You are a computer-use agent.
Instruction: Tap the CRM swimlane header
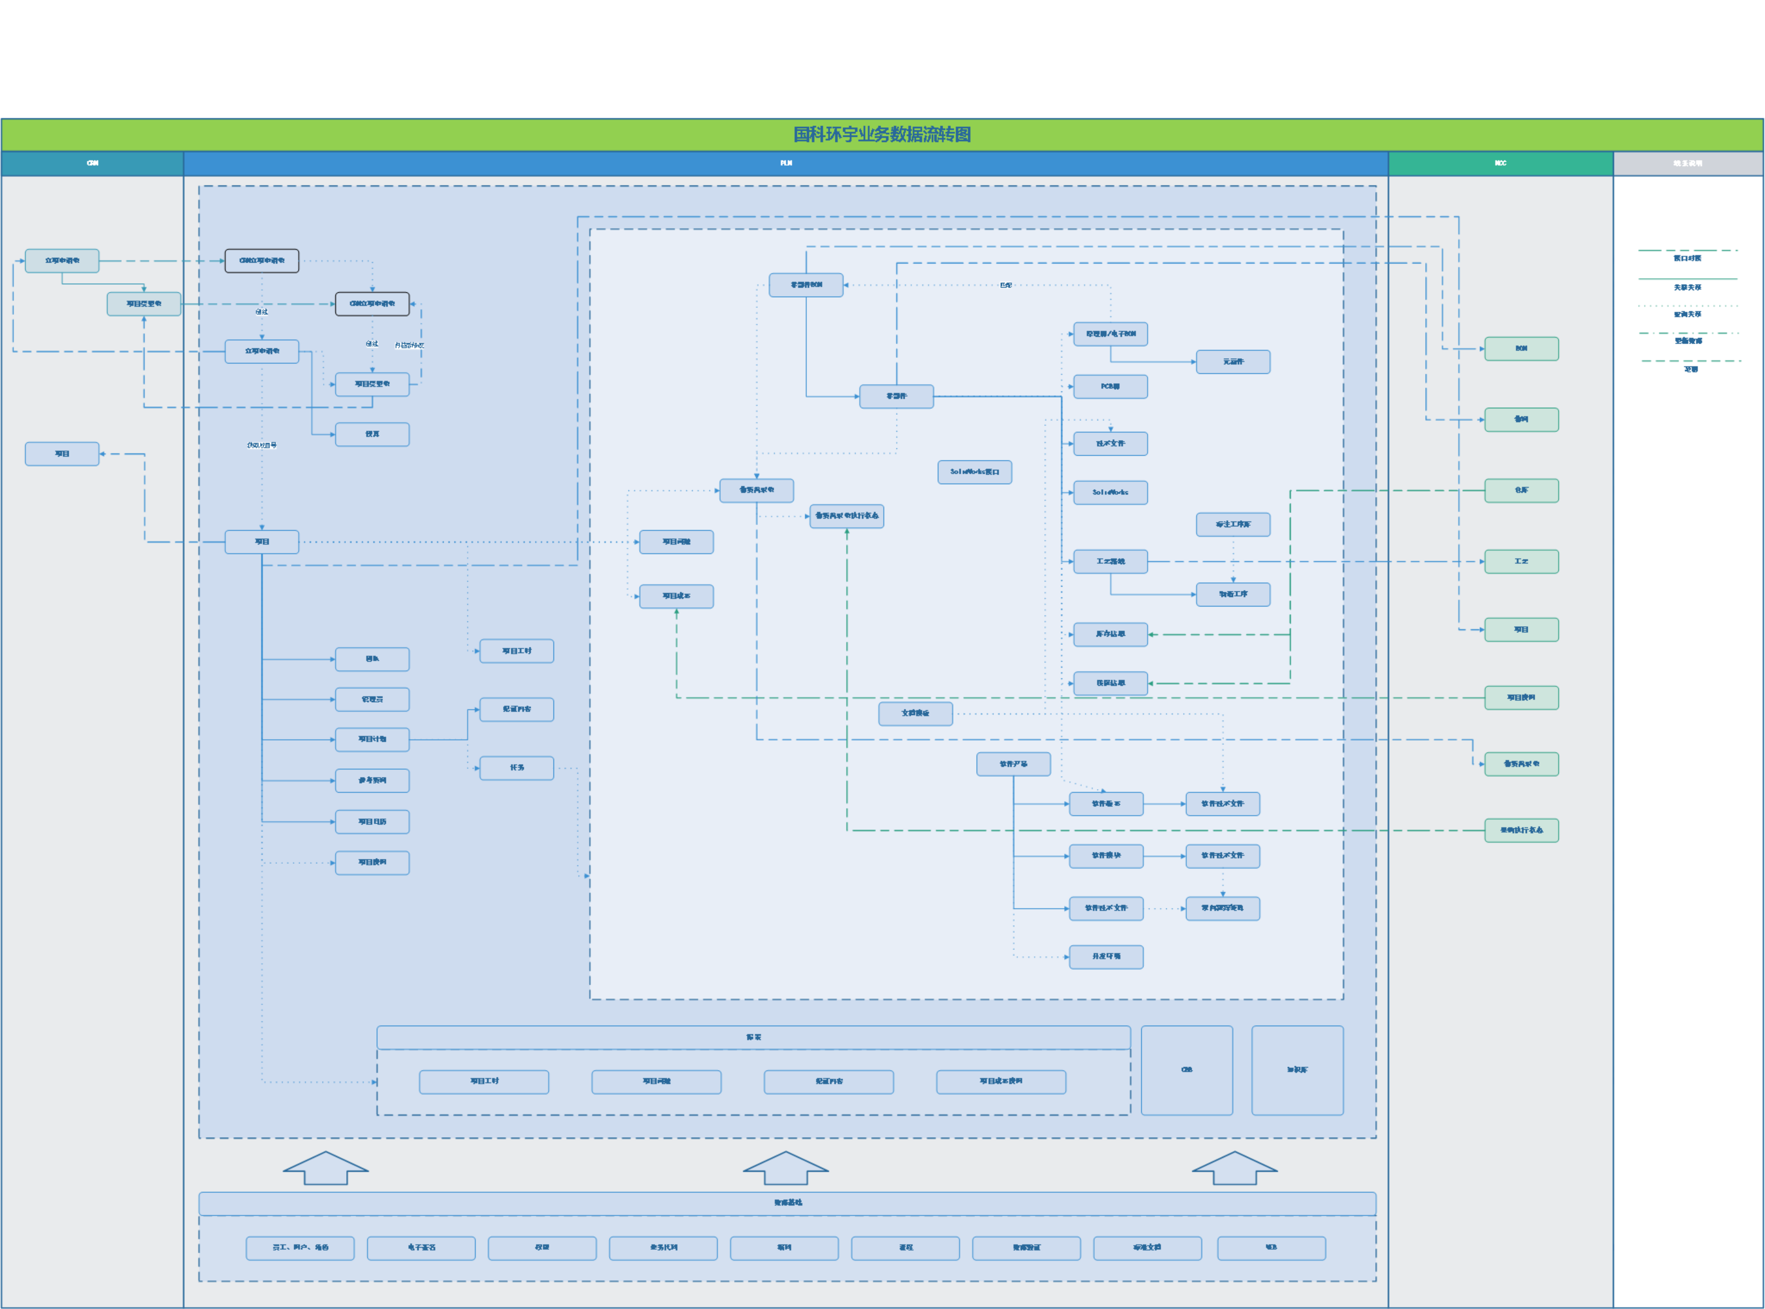point(92,163)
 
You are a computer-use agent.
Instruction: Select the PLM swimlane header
point(785,163)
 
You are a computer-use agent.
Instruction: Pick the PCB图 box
point(1110,387)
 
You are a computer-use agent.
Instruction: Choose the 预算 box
point(372,434)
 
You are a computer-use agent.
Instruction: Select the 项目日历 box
point(372,822)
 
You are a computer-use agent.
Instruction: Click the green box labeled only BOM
point(1521,349)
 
